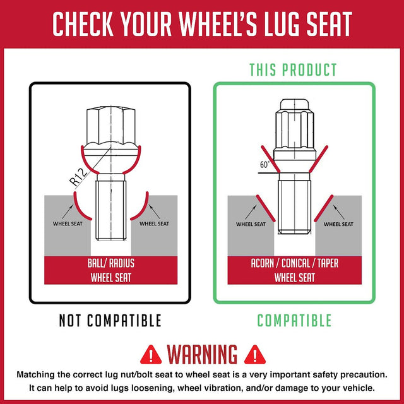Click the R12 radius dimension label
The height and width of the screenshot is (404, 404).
tap(78, 177)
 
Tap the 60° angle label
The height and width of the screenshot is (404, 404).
tap(265, 164)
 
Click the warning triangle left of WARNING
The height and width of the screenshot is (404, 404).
tap(151, 355)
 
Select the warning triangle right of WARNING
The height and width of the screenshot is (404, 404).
tap(254, 355)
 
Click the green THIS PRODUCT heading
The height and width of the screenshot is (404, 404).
tap(293, 69)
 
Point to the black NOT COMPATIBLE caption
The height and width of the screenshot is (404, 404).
tap(110, 321)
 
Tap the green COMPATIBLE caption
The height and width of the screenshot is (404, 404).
tap(294, 321)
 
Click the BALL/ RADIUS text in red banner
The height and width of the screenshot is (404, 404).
tap(111, 263)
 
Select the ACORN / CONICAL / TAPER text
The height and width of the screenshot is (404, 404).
tap(295, 263)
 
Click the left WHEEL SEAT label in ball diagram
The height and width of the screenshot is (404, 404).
tap(68, 223)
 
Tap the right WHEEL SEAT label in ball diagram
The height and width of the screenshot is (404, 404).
tap(154, 223)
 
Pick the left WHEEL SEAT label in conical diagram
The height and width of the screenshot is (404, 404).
tap(251, 224)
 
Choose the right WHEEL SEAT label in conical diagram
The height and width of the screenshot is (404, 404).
tap(338, 224)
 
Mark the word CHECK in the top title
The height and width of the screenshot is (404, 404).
tap(83, 24)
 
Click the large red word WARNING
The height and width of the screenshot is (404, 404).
tap(202, 354)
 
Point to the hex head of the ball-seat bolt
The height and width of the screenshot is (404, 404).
tap(111, 126)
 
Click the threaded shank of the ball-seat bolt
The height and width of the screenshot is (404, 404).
tap(111, 210)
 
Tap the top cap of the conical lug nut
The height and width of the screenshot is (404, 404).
tap(294, 104)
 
